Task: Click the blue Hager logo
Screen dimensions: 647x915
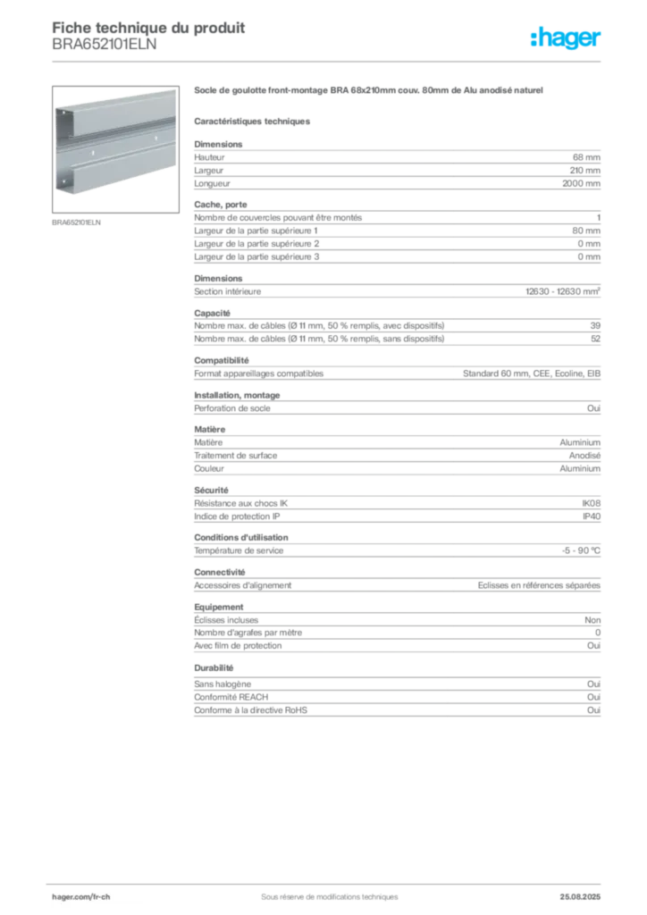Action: tap(567, 39)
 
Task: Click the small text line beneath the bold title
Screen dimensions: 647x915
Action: tap(103, 51)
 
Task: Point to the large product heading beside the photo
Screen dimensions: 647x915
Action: tap(366, 91)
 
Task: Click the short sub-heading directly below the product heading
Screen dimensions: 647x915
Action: tap(253, 121)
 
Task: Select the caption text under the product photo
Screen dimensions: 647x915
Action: tap(79, 222)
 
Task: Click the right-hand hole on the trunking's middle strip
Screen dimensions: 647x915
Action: tap(156, 140)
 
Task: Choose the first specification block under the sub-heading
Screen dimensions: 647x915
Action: tap(396, 165)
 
